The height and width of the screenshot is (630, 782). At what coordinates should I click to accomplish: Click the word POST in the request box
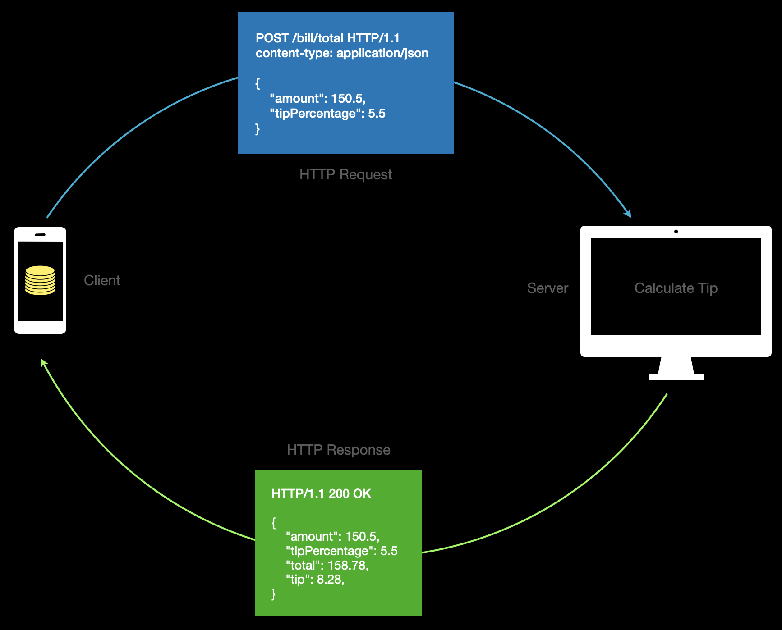(272, 38)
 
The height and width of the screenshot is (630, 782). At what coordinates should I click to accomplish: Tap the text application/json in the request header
(382, 53)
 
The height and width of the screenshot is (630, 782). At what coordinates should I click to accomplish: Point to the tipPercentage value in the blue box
(377, 114)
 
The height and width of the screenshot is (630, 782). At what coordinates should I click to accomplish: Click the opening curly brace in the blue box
(258, 83)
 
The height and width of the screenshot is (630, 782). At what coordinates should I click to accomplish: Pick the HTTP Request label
(345, 175)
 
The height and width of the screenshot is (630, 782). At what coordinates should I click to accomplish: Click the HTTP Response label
(338, 450)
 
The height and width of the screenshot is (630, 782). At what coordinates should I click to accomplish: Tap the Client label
(102, 281)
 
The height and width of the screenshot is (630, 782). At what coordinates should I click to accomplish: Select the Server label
(547, 288)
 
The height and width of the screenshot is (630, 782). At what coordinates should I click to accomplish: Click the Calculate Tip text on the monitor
(676, 288)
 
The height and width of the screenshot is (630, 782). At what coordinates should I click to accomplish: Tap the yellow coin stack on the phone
(40, 280)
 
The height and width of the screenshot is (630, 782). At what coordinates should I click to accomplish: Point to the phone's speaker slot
(40, 235)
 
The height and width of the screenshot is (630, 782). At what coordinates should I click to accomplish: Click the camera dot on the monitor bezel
(676, 232)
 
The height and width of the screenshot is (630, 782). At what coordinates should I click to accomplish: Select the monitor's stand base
(676, 377)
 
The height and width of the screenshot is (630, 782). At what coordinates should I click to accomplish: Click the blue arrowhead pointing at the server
(628, 214)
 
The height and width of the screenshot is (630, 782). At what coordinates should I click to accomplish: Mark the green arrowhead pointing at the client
(43, 362)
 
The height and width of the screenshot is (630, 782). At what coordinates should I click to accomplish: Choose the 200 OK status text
(350, 494)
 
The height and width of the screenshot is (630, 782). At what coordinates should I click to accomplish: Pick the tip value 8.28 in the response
(330, 580)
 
